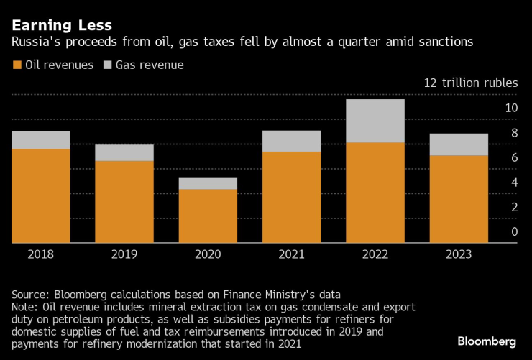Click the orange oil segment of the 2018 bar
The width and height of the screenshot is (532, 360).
coord(40,195)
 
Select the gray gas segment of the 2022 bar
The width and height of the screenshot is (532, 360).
coord(375,121)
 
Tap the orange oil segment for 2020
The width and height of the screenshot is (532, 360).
coord(208,216)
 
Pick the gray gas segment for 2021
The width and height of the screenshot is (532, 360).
coord(291,141)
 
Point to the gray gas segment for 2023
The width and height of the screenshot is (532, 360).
coord(458,144)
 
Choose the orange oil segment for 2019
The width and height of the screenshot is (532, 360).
coord(124,201)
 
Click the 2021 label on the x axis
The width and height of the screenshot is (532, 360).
coord(291,254)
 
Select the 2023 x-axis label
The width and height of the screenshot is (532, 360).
coord(458,254)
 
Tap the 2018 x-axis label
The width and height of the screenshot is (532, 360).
coord(40,254)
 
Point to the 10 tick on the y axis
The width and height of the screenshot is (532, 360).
coord(511,108)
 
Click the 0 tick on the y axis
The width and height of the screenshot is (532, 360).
coord(514,231)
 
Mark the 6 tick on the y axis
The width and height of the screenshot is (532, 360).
coord(514,157)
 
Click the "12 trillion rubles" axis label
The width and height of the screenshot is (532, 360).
coord(470,83)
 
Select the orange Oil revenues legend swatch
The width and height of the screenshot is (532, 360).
coord(17,65)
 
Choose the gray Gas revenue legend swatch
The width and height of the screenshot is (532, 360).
coord(107,65)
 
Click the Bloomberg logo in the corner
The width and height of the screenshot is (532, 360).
coord(487,341)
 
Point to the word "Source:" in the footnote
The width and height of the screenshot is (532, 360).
coord(31,294)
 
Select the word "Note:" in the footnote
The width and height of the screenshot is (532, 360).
coord(26,307)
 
